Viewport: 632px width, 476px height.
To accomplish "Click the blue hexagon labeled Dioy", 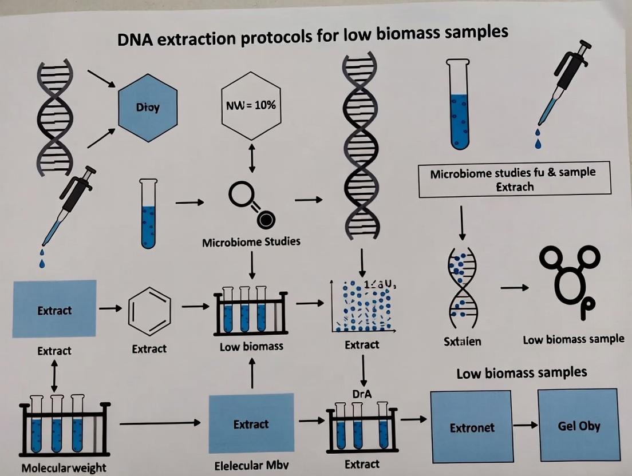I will click(x=148, y=107).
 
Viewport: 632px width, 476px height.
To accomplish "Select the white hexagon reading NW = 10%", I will click(x=251, y=106).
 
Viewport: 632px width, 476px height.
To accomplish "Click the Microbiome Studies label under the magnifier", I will click(x=251, y=241).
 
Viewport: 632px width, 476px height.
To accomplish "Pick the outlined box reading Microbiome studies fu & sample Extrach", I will click(x=514, y=179).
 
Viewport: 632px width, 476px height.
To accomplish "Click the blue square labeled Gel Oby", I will click(x=578, y=426).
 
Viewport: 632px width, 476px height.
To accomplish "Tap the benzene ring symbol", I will click(x=149, y=311).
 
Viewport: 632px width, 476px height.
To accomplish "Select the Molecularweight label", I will click(x=64, y=467).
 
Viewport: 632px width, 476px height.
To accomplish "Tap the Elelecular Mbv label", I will click(x=251, y=465).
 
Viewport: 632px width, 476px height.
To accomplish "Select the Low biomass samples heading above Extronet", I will click(x=522, y=373).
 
